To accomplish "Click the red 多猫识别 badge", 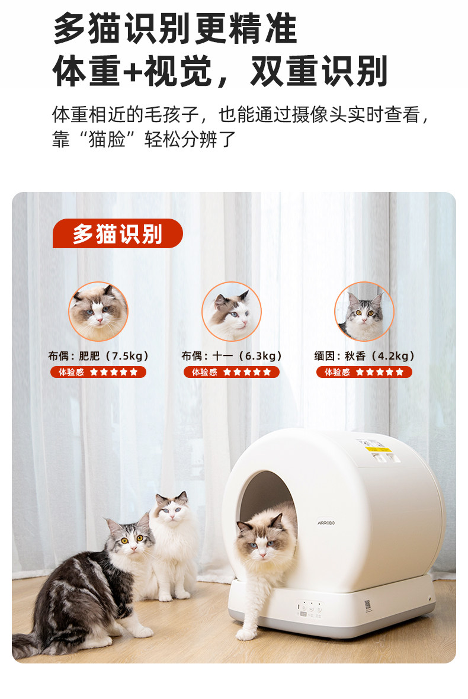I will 117,234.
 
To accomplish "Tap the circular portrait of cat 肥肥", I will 98,312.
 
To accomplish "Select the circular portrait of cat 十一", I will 231,312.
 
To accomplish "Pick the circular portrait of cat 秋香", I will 364,312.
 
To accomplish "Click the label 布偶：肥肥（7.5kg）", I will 98,356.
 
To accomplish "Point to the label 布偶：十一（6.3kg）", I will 232,356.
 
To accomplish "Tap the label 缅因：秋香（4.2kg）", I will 364,356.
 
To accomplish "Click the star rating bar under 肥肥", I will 98,372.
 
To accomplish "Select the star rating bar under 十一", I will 231,372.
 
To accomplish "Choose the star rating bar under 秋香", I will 364,372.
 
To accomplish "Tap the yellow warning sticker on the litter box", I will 374,450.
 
